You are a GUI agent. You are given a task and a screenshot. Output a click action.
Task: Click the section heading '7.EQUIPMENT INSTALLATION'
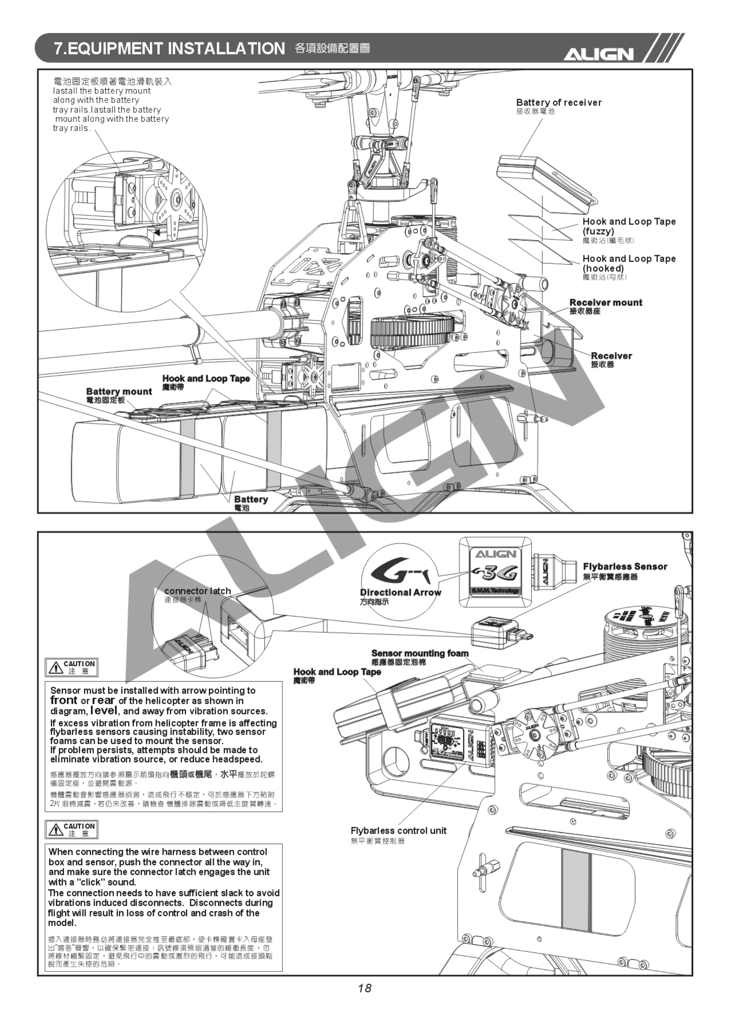[169, 48]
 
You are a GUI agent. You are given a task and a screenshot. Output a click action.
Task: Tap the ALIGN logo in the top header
[598, 54]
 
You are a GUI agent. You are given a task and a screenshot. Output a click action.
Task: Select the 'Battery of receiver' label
[558, 103]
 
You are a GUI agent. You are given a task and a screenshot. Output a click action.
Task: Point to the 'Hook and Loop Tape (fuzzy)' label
[628, 226]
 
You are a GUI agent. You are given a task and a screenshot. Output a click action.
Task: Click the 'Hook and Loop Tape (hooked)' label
[628, 263]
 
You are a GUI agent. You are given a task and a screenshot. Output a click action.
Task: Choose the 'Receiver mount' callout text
[605, 302]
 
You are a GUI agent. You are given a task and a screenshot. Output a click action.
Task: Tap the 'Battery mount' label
[119, 391]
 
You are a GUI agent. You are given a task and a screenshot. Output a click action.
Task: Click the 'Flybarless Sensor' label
[625, 566]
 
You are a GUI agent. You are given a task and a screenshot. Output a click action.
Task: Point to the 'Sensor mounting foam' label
[420, 653]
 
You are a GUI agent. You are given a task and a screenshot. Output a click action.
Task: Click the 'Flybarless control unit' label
[398, 830]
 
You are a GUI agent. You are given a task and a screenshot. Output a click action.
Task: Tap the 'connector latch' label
[197, 591]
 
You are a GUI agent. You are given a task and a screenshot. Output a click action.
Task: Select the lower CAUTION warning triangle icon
[55, 830]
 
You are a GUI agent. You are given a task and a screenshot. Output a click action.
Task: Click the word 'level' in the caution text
[104, 710]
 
